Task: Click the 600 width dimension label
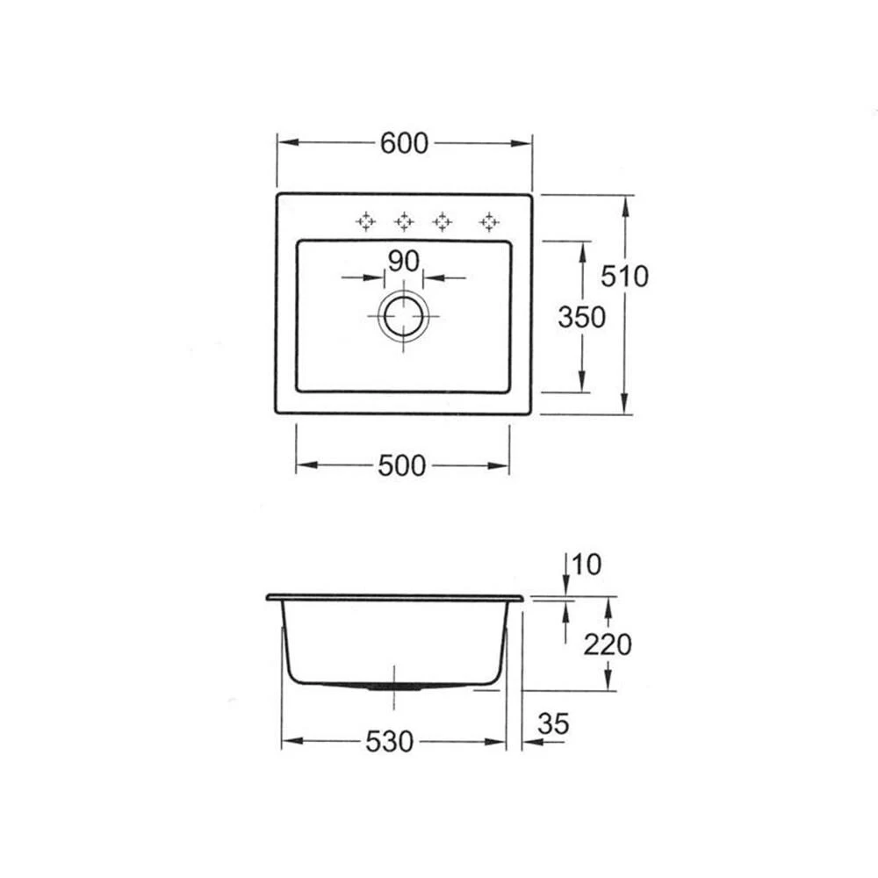click(404, 143)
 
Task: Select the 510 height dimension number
click(624, 276)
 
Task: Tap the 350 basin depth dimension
click(582, 318)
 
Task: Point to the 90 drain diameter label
click(403, 261)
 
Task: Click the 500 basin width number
click(402, 466)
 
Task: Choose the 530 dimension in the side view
click(389, 742)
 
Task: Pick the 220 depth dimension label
click(608, 644)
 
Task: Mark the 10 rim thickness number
click(587, 565)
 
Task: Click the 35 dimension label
click(553, 723)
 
